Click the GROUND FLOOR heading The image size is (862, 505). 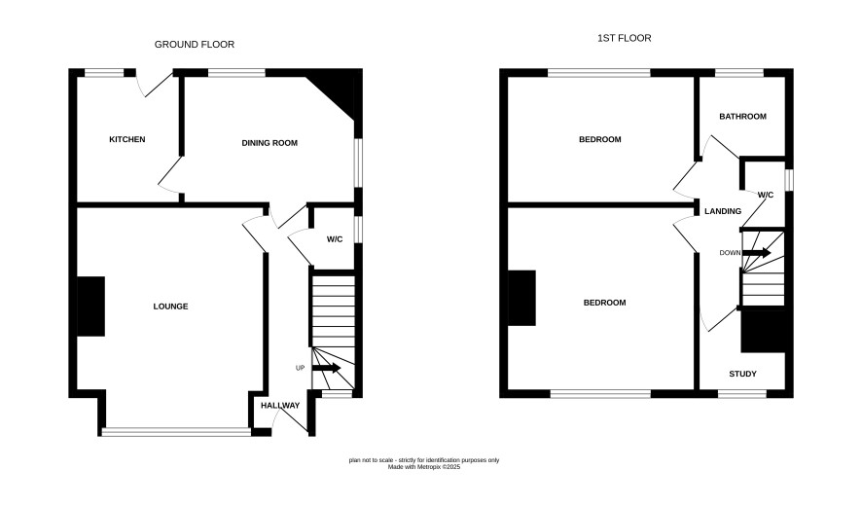(x=194, y=45)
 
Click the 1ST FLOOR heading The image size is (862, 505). (x=624, y=38)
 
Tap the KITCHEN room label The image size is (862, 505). (x=127, y=139)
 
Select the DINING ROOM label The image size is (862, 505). (x=269, y=143)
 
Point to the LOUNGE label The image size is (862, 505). (x=170, y=307)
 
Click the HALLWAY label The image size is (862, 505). (x=280, y=406)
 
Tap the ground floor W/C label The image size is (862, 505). (x=335, y=239)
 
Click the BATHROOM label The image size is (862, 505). (x=742, y=117)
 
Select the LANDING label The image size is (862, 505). (x=723, y=211)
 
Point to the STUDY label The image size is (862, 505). (x=742, y=374)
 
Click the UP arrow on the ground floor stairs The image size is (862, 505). (x=327, y=368)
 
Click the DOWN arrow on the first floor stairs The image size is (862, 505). (x=757, y=253)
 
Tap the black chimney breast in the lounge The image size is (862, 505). (x=90, y=307)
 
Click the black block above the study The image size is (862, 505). (x=763, y=332)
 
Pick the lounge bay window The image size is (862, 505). (x=176, y=432)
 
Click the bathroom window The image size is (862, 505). (x=739, y=73)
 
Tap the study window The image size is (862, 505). (x=742, y=393)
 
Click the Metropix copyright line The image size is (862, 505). (x=424, y=467)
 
